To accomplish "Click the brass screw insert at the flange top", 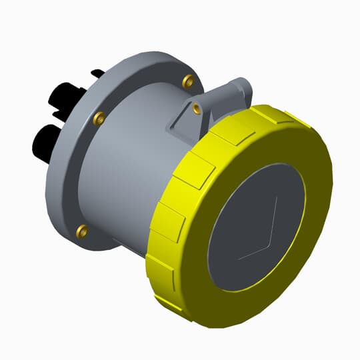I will click(187, 82).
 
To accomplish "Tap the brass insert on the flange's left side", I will click(99, 119).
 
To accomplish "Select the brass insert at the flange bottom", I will click(82, 231).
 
